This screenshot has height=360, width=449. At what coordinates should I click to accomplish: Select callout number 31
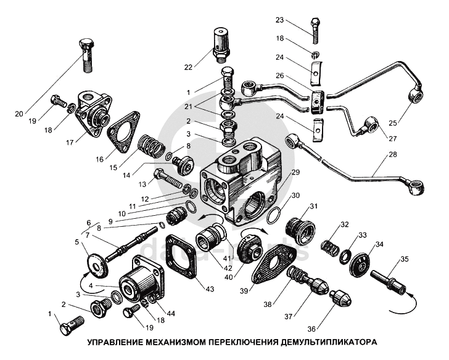313,206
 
